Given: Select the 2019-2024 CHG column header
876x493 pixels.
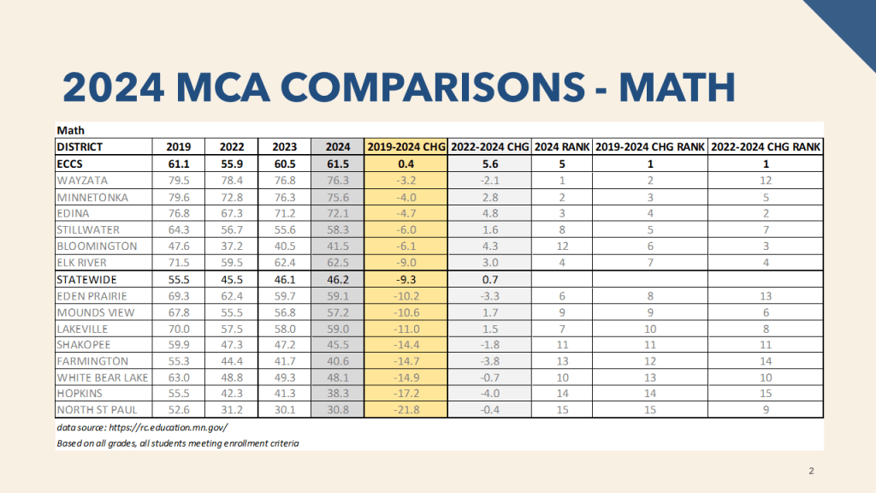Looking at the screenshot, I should coord(407,146).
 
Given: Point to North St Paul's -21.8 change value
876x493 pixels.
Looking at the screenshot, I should coord(407,409).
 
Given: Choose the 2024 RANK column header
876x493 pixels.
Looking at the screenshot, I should coord(562,146).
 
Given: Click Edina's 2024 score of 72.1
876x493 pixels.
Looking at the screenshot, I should coord(338,212).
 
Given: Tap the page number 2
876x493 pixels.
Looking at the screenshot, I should coord(812,472).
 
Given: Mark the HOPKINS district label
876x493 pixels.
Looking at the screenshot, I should coord(81,393).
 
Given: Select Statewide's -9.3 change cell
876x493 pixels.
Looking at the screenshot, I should coord(407,278).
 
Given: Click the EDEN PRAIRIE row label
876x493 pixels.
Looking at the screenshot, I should coord(92,295).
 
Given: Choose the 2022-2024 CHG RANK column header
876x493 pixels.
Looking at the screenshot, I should coord(766,146).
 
